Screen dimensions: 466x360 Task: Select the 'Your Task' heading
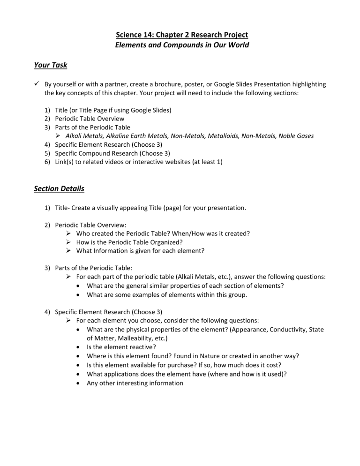pyautogui.click(x=51, y=65)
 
